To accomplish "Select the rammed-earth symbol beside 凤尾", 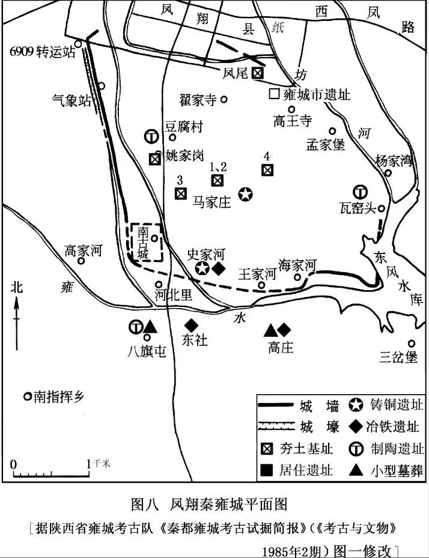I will point(257,73).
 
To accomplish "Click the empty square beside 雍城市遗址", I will point(274,94).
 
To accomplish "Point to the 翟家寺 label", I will point(198,100).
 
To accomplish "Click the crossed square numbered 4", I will point(267,170).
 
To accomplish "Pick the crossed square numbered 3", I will point(180,193).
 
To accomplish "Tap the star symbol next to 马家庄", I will point(245,194).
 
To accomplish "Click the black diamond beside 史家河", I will point(219,268).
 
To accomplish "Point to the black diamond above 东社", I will point(192,325).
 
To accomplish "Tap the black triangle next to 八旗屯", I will point(150,327).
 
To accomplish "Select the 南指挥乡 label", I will point(59,396).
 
